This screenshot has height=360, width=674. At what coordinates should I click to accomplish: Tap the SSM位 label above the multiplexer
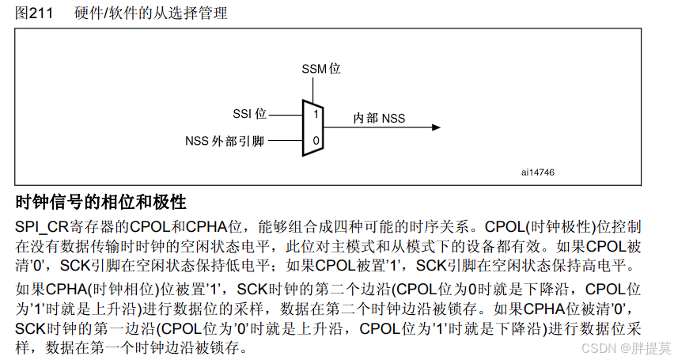click(321, 69)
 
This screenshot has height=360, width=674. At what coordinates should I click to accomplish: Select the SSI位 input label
click(250, 115)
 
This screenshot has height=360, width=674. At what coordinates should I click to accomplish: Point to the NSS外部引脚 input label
click(225, 142)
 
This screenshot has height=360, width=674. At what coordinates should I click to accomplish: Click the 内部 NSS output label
click(379, 119)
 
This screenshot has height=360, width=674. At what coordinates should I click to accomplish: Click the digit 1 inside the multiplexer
click(315, 115)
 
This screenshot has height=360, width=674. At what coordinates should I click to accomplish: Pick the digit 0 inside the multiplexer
click(315, 141)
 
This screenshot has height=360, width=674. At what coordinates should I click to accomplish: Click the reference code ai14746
click(538, 172)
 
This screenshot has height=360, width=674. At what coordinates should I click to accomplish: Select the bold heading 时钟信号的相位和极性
click(100, 201)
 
